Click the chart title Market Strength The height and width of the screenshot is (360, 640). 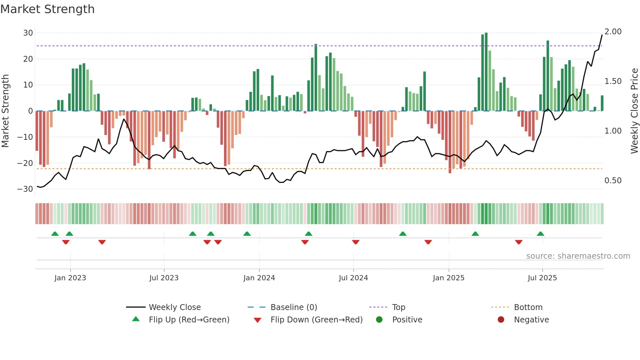(x=47, y=9)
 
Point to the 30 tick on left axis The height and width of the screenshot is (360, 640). (x=28, y=33)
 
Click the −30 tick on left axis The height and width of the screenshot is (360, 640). (x=25, y=189)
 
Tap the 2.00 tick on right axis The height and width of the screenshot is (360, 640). (x=613, y=32)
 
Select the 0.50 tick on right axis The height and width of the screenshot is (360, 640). (x=613, y=181)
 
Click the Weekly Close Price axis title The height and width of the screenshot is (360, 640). (x=634, y=111)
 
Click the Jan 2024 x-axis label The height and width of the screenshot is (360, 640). (x=259, y=278)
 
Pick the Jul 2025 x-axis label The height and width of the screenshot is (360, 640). (x=542, y=278)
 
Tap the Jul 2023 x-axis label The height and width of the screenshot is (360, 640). (x=164, y=278)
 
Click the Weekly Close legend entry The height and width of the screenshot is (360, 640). (x=175, y=307)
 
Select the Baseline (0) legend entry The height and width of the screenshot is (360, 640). (x=294, y=307)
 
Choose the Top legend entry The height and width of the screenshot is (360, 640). (x=398, y=307)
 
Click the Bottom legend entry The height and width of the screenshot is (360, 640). (x=528, y=307)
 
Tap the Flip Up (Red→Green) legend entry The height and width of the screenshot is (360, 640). (x=189, y=320)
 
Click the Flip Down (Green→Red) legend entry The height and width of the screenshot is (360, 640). (x=316, y=320)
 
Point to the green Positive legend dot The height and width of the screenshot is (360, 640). (x=379, y=320)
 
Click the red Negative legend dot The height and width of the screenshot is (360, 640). (x=501, y=320)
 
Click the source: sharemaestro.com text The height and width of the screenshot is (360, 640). (x=578, y=256)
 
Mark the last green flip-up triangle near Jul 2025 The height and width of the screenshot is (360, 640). (x=540, y=234)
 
